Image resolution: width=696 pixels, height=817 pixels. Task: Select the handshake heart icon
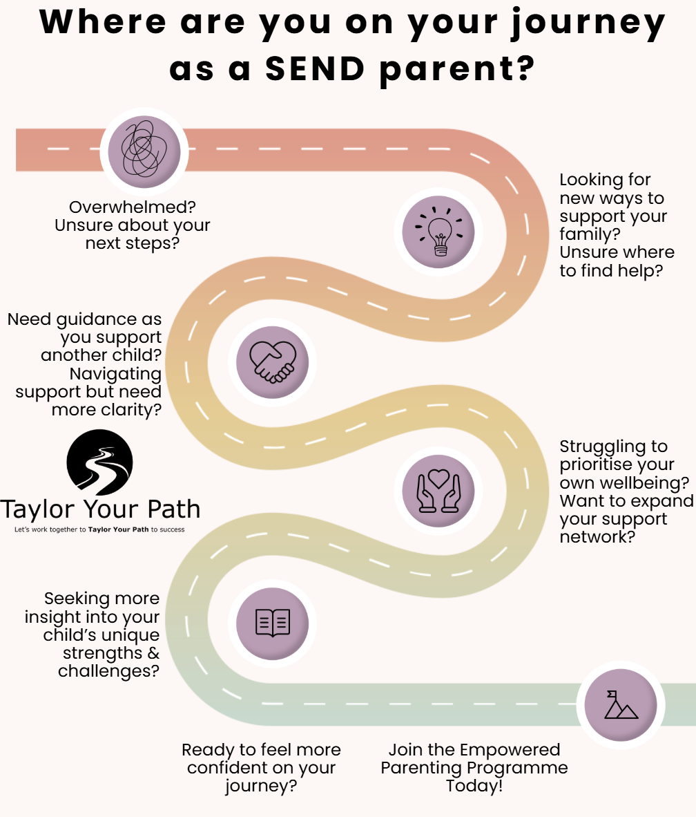[x=273, y=360]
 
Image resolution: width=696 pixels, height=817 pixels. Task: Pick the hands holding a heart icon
[x=438, y=489]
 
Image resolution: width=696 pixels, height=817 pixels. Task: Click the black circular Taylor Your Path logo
[x=99, y=462]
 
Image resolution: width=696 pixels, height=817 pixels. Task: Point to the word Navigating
[x=115, y=374]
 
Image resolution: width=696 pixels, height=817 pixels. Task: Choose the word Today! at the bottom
[x=474, y=786]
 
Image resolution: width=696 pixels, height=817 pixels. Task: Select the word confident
[x=232, y=768]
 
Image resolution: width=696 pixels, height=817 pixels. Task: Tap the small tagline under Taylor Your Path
[x=99, y=530]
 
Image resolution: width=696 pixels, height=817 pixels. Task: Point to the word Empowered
[x=510, y=750]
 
